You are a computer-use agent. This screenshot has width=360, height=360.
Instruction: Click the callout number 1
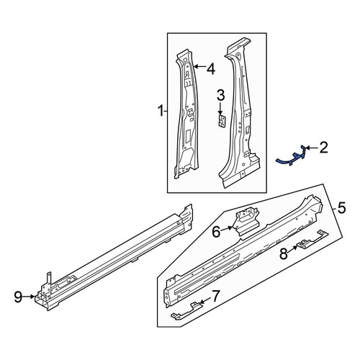161,111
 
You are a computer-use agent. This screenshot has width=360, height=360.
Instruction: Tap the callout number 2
323,148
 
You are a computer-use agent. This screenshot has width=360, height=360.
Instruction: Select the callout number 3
221,95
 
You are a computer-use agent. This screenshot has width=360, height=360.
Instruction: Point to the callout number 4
211,69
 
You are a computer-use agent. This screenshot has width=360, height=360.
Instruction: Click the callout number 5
341,207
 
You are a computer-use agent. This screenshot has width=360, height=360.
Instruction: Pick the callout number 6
216,232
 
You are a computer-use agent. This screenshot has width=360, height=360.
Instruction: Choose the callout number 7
215,296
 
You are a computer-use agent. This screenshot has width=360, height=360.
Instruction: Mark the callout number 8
284,253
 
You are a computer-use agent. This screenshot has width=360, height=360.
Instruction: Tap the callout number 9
18,297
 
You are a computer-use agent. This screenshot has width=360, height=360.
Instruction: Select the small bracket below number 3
222,122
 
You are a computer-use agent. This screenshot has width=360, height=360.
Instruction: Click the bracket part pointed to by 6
246,222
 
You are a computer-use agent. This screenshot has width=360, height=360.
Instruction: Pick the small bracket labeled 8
312,240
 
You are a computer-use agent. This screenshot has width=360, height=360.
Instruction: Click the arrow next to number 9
30,297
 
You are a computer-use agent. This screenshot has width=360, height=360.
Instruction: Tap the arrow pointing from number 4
199,66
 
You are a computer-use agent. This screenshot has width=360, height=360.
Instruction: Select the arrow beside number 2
312,148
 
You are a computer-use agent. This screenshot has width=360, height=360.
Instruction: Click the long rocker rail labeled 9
114,257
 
